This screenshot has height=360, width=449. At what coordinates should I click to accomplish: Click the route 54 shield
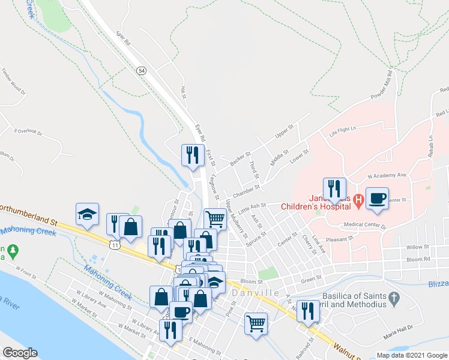141,71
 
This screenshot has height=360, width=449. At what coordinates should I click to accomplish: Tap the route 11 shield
115,244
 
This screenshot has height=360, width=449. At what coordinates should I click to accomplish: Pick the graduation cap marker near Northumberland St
87,214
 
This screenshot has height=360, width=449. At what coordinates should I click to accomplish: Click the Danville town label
255,292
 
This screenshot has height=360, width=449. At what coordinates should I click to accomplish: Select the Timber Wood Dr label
13,82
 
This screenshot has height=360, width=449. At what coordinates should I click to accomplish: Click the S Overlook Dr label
28,131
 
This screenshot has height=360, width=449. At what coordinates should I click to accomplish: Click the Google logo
20,353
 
